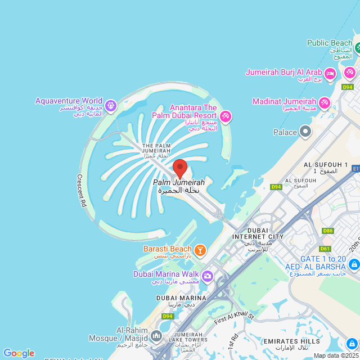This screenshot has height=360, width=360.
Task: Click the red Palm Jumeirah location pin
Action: (x=179, y=168)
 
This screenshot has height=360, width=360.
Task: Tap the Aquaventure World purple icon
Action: (x=111, y=105)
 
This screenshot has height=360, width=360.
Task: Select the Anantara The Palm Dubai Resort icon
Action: (x=226, y=116)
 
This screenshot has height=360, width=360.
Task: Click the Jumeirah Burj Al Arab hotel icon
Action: (x=330, y=73)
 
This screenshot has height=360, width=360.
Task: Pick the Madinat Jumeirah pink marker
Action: (x=324, y=103)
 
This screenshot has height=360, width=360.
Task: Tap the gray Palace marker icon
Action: (x=305, y=132)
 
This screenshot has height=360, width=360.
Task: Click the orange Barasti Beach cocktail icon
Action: (x=200, y=249)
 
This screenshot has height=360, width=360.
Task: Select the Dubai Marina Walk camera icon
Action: (x=208, y=275)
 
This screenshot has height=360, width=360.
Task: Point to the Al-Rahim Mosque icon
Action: (x=156, y=336)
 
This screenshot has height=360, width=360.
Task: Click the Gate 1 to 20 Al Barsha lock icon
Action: (x=354, y=264)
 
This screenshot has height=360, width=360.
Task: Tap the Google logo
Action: (x=19, y=353)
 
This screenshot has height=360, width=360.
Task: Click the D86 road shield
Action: (x=327, y=231)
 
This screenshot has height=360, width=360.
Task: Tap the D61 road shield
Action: (x=325, y=248)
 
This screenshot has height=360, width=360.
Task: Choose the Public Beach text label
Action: (x=330, y=43)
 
